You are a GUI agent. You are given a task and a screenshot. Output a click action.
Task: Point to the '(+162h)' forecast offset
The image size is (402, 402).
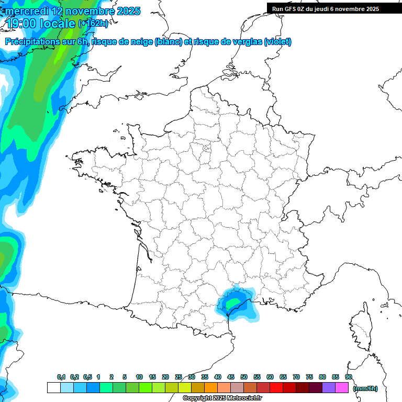coord(93,24)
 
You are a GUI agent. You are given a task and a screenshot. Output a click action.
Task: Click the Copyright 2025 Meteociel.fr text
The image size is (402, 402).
coord(222,398)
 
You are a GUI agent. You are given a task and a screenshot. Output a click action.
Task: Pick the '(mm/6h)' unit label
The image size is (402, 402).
coord(365,388)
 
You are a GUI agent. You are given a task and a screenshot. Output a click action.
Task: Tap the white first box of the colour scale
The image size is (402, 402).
coord(53,388)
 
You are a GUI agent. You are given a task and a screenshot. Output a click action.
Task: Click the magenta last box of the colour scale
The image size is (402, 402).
coord(342,388)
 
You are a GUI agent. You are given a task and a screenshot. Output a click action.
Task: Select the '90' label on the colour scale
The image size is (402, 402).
coord(349,377)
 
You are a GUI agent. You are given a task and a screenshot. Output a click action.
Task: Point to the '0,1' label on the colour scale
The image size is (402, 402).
coord(61,377)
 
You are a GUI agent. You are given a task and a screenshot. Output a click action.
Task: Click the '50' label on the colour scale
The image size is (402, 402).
coord(244,377)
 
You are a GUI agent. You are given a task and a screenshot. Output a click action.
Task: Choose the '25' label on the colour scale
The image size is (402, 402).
coord(178,377)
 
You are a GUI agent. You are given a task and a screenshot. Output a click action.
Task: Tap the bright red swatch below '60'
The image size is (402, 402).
coord(276,388)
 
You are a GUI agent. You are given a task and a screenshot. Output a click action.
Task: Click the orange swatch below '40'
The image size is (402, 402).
coord(211,388)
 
